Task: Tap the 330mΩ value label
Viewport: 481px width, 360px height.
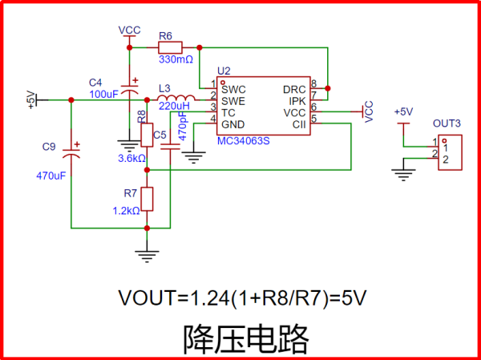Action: point(176,59)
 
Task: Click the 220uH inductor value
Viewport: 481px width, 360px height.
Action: point(174,106)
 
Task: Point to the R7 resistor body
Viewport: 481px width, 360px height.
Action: point(147,198)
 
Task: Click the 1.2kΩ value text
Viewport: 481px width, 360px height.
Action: point(127,211)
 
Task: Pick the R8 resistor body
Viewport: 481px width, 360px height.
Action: point(147,135)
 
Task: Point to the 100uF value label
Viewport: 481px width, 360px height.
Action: point(103,95)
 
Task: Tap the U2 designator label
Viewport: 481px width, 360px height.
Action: point(223,72)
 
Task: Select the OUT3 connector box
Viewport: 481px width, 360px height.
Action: point(448,150)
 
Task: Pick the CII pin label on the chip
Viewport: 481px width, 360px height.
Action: point(299,124)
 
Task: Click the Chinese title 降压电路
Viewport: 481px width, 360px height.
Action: point(245,338)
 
